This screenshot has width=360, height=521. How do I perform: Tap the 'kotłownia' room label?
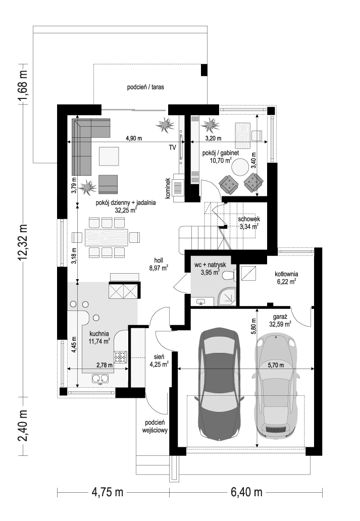pyautogui.click(x=286, y=274)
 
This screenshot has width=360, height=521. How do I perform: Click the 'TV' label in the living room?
pyautogui.click(x=172, y=148)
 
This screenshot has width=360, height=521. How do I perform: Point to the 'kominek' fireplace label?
pyautogui.click(x=168, y=188)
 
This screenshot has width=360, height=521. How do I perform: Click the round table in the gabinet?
pyautogui.click(x=240, y=167)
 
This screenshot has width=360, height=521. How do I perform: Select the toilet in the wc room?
pyautogui.click(x=229, y=275)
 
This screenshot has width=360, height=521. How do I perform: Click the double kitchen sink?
pyautogui.click(x=100, y=378)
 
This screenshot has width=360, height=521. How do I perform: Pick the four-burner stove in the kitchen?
pyautogui.click(x=121, y=357)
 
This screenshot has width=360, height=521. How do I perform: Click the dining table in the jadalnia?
pyautogui.click(x=107, y=237)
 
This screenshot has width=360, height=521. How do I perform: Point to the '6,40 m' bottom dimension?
pyautogui.click(x=246, y=492)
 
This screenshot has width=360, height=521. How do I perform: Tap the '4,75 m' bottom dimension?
pyautogui.click(x=107, y=492)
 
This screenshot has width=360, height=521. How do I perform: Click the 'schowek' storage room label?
pyautogui.click(x=248, y=219)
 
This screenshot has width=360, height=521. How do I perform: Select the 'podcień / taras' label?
pyautogui.click(x=145, y=87)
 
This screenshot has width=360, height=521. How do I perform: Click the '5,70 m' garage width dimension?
pyautogui.click(x=276, y=365)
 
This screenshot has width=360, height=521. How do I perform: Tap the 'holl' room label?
pyautogui.click(x=158, y=261)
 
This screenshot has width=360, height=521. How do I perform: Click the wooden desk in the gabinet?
pyautogui.click(x=242, y=136)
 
